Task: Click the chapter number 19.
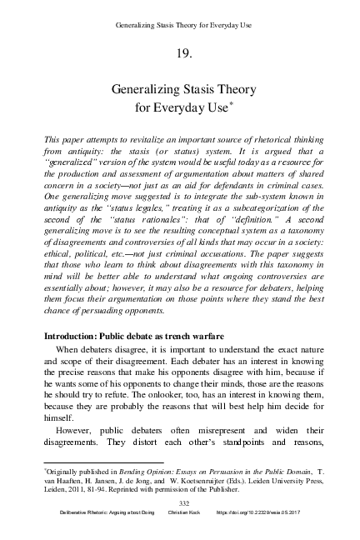coord(179,54)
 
